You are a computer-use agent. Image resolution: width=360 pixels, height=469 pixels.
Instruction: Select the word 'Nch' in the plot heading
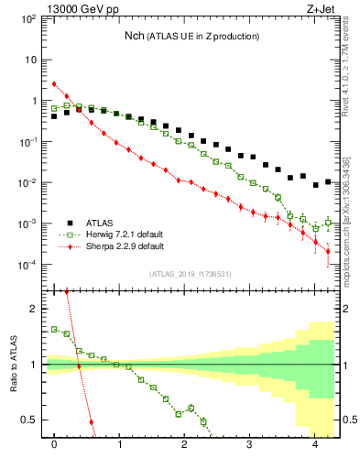tap(136, 36)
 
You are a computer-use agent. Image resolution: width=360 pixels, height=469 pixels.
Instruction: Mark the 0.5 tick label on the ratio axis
tap(27, 420)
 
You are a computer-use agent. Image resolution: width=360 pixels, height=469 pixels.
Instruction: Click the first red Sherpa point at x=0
tap(55, 84)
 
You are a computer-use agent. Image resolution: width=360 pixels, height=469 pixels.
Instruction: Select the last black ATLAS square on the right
tap(328, 181)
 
